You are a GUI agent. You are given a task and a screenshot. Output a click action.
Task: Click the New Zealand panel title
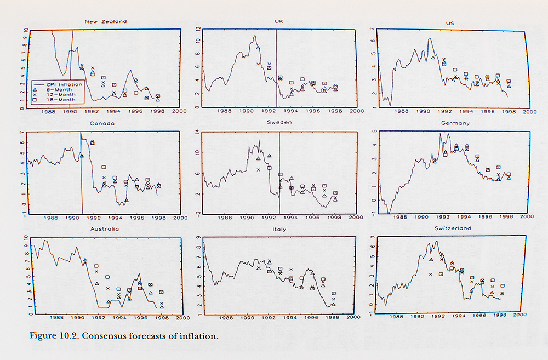pyautogui.click(x=106, y=22)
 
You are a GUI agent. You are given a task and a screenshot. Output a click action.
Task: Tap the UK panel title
pyautogui.click(x=278, y=21)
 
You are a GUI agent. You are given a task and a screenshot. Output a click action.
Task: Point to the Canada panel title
pyautogui.click(x=104, y=123)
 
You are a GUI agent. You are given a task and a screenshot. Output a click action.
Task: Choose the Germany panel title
pyautogui.click(x=455, y=123)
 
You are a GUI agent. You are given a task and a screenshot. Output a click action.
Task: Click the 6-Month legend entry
pyautogui.click(x=58, y=89)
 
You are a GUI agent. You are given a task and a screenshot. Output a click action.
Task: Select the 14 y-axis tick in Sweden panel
pyautogui.click(x=198, y=133)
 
